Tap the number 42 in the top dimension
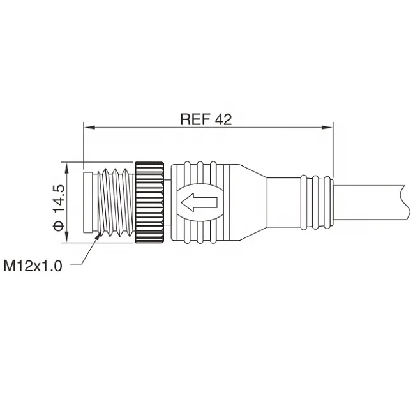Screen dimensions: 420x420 click(223, 119)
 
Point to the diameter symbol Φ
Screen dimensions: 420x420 click(59, 225)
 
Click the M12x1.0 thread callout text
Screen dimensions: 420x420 click(33, 265)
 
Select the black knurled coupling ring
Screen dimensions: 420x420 click(150, 202)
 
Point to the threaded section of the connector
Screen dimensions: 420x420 click(115, 202)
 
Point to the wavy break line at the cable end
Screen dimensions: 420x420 click(403, 202)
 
